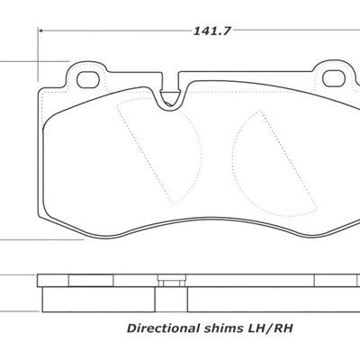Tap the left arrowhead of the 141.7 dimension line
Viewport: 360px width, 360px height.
pyautogui.click(x=42, y=31)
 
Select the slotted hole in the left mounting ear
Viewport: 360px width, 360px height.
pyautogui.click(x=88, y=79)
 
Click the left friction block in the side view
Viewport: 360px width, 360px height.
pyautogui.click(x=99, y=289)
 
